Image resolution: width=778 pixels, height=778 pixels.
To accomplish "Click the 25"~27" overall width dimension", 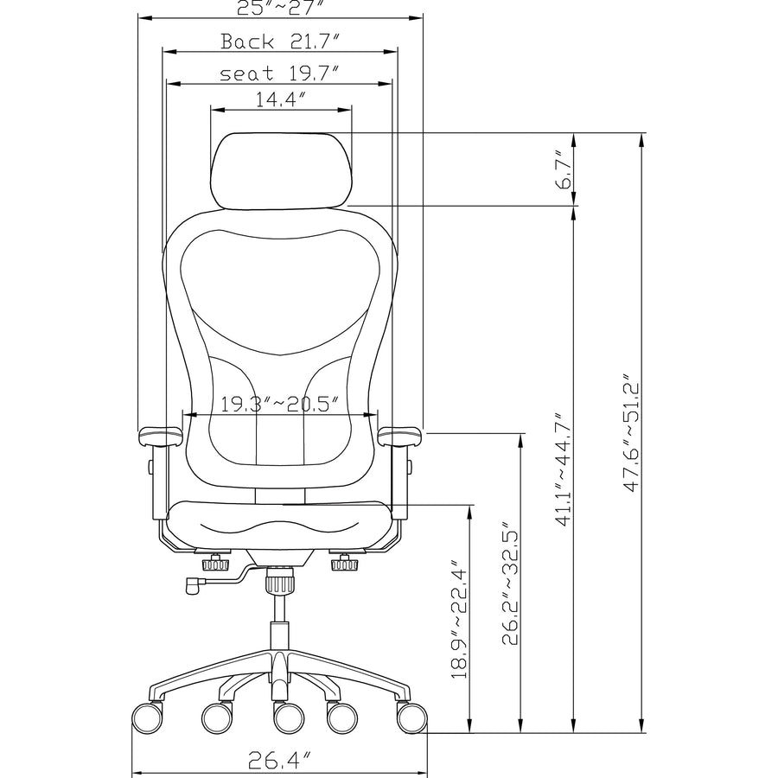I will (x=281, y=8).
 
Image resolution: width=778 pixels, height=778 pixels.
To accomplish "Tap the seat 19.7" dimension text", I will (x=278, y=73).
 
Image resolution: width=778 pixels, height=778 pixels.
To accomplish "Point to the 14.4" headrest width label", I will (x=282, y=99).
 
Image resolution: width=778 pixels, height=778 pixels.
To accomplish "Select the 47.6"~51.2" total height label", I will (x=634, y=432).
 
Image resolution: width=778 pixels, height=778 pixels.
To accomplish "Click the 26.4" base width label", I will (x=279, y=761).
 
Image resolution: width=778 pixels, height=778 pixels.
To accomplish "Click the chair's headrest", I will (x=281, y=170).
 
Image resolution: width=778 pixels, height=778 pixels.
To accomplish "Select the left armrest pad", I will (x=159, y=435).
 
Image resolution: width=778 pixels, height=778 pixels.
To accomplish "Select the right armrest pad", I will (x=399, y=435).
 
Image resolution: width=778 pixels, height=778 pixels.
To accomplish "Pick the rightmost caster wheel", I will (x=412, y=717).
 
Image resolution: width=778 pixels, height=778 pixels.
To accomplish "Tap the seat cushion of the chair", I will (x=278, y=524).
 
